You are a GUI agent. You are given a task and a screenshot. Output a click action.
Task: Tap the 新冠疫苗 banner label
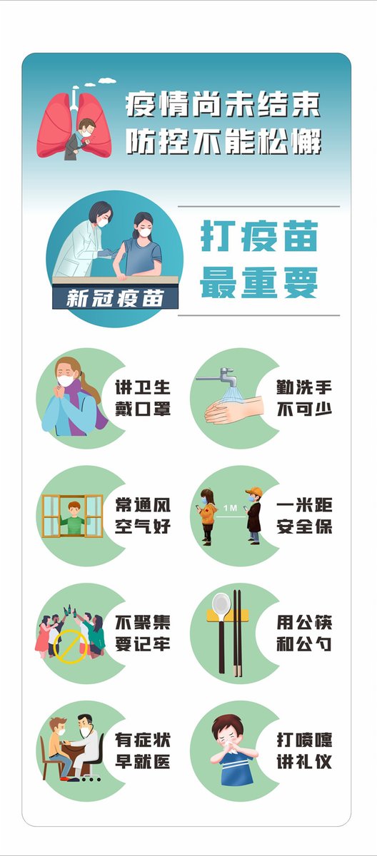(x=115, y=298)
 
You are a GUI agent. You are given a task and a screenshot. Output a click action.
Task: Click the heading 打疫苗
(x=259, y=235)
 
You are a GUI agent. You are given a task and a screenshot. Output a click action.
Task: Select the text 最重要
(x=259, y=282)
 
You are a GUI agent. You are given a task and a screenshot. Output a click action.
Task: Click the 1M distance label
(x=230, y=508)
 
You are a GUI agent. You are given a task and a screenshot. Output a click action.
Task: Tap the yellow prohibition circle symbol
(x=71, y=646)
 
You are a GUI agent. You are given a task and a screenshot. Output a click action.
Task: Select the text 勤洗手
(x=304, y=388)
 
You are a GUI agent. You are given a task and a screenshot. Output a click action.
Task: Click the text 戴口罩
(x=143, y=409)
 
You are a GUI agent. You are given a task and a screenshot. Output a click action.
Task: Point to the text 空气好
(x=143, y=526)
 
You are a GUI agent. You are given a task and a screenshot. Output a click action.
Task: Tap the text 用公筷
(x=304, y=623)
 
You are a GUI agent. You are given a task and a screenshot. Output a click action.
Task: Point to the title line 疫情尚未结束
(x=223, y=104)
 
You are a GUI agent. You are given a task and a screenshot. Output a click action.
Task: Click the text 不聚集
(x=143, y=623)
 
